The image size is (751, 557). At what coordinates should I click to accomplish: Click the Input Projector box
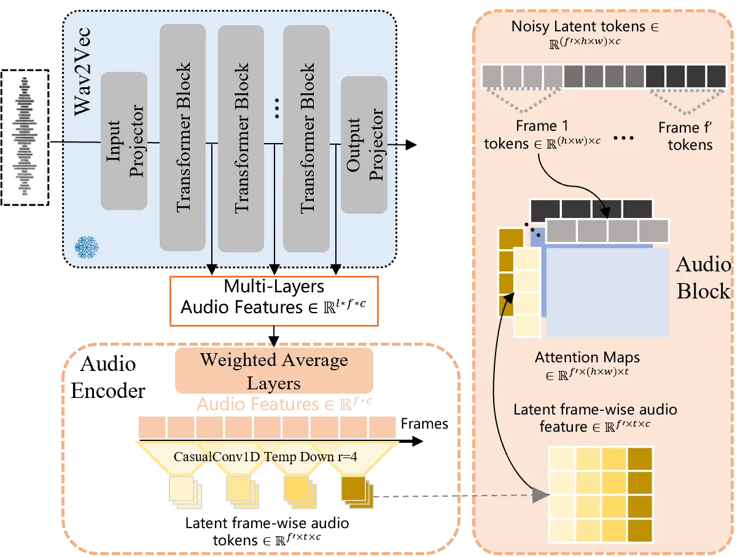[123, 141]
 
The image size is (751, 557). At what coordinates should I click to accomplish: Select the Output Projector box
[364, 144]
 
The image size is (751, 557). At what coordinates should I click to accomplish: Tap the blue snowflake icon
[87, 247]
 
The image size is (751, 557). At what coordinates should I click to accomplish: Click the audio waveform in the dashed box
[25, 136]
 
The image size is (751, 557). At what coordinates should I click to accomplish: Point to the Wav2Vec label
[82, 71]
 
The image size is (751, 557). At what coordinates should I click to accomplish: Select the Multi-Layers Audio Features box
[274, 301]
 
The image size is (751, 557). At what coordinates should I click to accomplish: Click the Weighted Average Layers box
[274, 371]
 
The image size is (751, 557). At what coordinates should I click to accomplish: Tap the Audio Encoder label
[107, 377]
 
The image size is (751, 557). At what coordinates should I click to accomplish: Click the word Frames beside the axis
[424, 424]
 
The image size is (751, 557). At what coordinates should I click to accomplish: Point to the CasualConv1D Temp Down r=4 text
[265, 456]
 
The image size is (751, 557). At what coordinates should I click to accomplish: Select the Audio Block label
[703, 278]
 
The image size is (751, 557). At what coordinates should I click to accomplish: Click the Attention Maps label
[587, 357]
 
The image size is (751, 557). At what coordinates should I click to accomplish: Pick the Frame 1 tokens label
[542, 134]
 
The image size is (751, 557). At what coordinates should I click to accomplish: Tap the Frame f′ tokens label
[686, 136]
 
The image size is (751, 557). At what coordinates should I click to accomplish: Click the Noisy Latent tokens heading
[585, 26]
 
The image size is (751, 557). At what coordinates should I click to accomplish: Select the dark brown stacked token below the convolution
[357, 492]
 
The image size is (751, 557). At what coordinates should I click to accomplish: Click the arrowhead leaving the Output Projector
[411, 144]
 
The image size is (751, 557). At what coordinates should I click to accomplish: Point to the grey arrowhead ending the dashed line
[541, 495]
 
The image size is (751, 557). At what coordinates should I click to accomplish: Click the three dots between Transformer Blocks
[277, 108]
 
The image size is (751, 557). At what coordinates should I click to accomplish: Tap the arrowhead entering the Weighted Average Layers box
[274, 341]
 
